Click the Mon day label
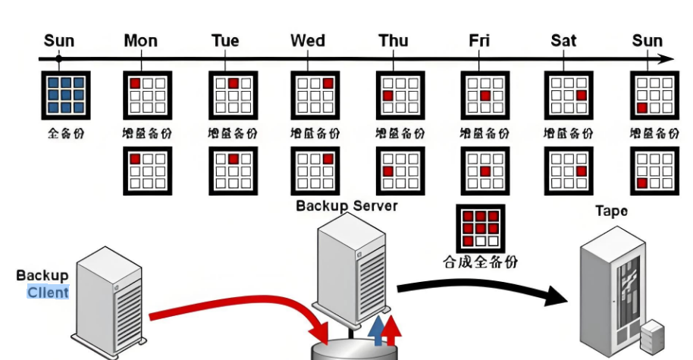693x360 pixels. [140, 41]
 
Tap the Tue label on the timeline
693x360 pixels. [224, 41]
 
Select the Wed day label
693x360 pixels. [307, 41]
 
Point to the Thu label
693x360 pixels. [394, 41]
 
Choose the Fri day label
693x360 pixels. [479, 41]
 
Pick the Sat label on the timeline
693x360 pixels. [563, 41]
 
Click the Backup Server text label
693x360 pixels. [346, 205]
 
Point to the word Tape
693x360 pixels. [611, 211]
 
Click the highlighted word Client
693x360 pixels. [48, 293]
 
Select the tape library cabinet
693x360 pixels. [610, 292]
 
